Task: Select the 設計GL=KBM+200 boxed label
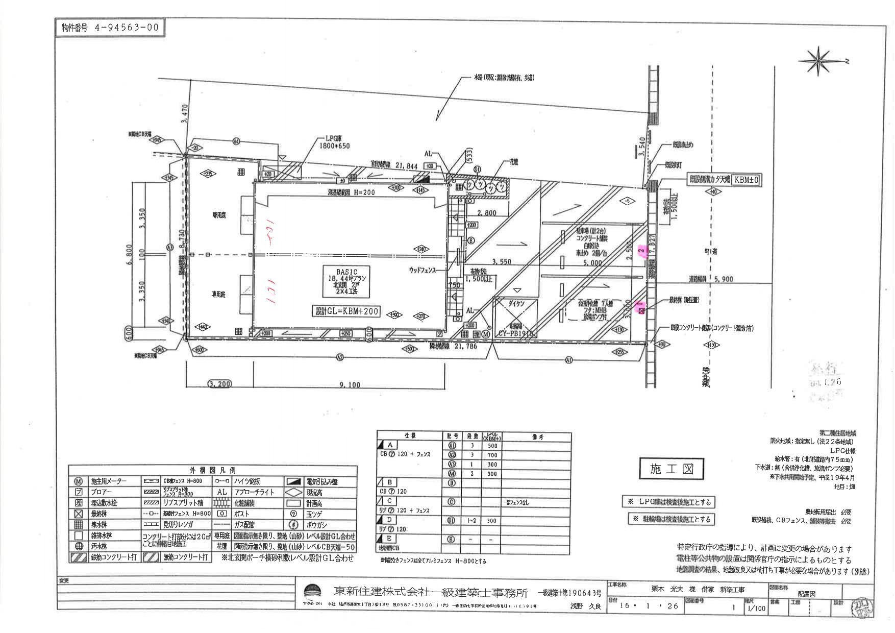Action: point(346,311)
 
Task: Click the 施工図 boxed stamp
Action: point(670,469)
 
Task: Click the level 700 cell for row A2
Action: point(492,455)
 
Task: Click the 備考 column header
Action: point(537,437)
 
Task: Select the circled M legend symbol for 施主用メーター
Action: point(79,481)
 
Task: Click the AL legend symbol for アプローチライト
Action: point(222,492)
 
